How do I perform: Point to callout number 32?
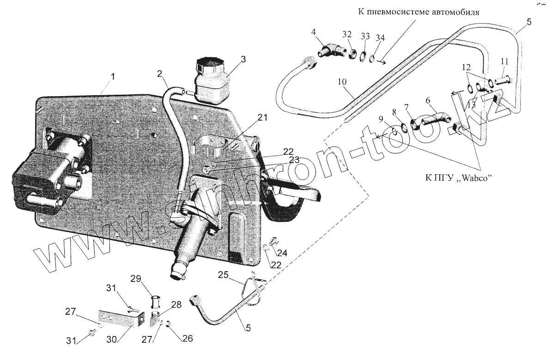[x=347, y=34]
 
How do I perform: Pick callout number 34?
[x=380, y=37]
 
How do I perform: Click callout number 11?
[x=504, y=61]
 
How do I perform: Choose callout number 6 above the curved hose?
[x=427, y=100]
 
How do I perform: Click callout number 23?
[x=294, y=160]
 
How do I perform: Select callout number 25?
[x=224, y=276]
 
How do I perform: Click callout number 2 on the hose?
[x=159, y=73]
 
